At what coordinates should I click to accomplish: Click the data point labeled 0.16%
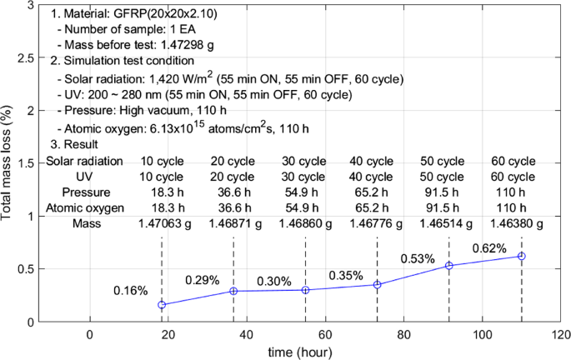[x=162, y=305]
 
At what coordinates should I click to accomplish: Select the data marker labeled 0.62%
[x=522, y=256]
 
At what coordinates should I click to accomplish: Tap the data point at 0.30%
[x=306, y=290]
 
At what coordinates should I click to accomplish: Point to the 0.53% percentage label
[x=418, y=258]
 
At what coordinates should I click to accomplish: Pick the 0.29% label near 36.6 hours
[x=202, y=280]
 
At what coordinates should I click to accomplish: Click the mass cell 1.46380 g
[x=514, y=223]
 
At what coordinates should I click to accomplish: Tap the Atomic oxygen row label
[x=85, y=208]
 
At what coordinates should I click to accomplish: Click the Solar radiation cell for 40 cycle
[x=371, y=161]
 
